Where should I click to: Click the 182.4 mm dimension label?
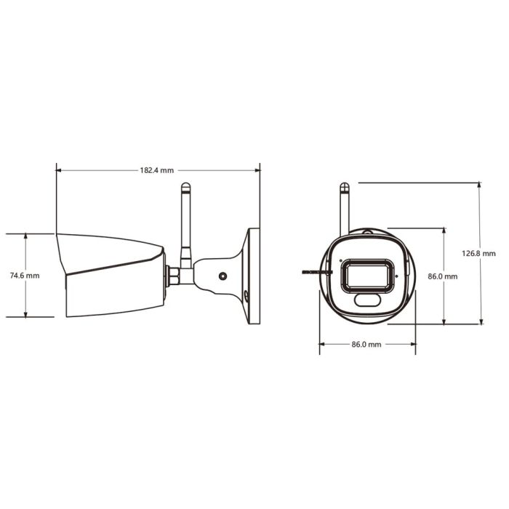(x=157, y=170)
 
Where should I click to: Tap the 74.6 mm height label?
(x=25, y=276)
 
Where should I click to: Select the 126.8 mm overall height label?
(x=478, y=254)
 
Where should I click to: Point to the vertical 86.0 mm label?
(x=443, y=276)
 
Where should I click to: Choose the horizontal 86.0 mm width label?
(x=366, y=344)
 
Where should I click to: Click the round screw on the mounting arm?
(x=223, y=276)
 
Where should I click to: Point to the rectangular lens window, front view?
(x=368, y=276)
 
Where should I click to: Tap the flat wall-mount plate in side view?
(x=254, y=276)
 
